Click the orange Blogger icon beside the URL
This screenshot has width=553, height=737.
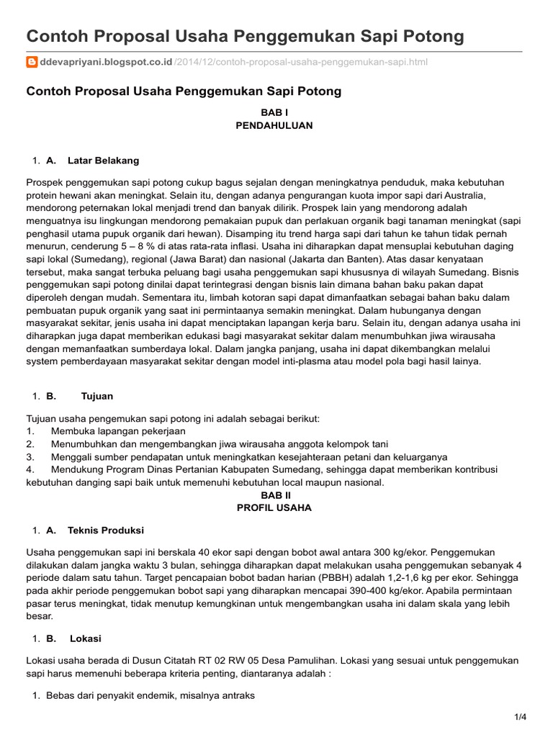[x=32, y=63]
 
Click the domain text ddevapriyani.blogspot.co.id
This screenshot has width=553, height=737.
[x=107, y=63]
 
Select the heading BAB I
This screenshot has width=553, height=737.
[x=274, y=112]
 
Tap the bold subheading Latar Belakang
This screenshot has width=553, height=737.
[x=103, y=160]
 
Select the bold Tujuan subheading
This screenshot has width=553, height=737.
[x=97, y=396]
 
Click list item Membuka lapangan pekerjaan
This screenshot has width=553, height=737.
[x=118, y=431]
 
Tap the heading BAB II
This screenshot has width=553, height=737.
[x=274, y=495]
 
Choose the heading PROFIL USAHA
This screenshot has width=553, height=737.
[x=274, y=507]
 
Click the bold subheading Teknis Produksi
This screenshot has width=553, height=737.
[x=106, y=530]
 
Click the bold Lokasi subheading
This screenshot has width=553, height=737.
[x=86, y=638]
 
